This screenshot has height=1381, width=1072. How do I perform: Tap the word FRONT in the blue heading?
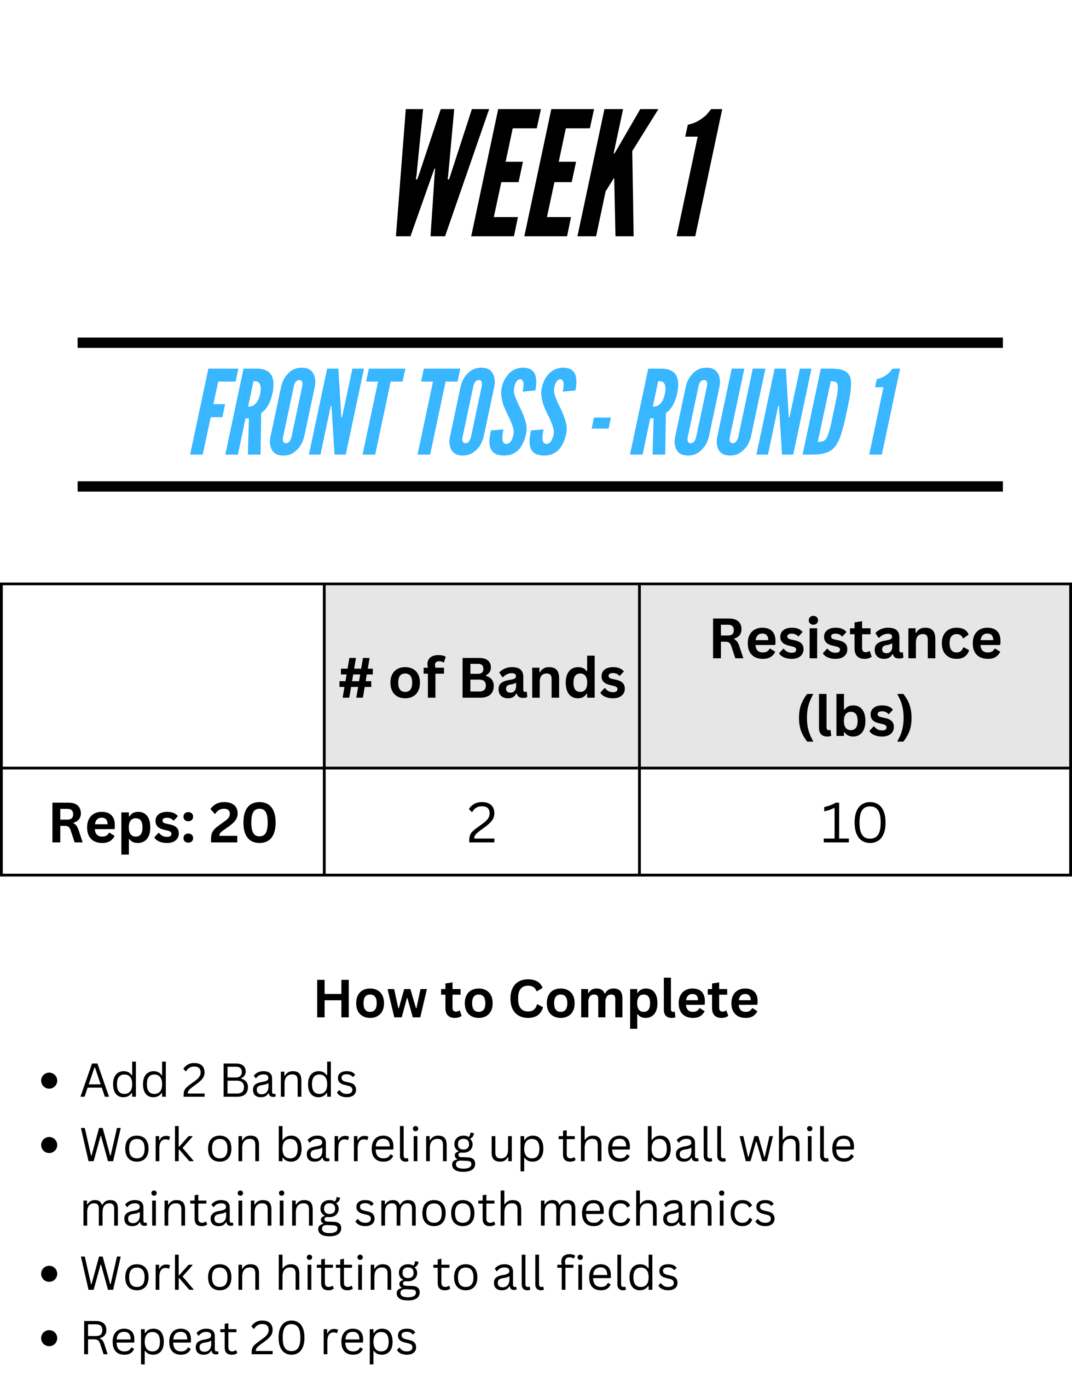coord(297,412)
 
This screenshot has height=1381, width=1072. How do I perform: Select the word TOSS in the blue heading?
coord(498,412)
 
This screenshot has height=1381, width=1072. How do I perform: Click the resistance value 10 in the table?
coord(853,823)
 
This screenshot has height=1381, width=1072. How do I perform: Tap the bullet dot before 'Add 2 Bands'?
coord(49,1081)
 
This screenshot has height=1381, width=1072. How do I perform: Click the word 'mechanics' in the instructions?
coord(657,1210)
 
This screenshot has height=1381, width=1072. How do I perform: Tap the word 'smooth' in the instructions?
coord(439,1210)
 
